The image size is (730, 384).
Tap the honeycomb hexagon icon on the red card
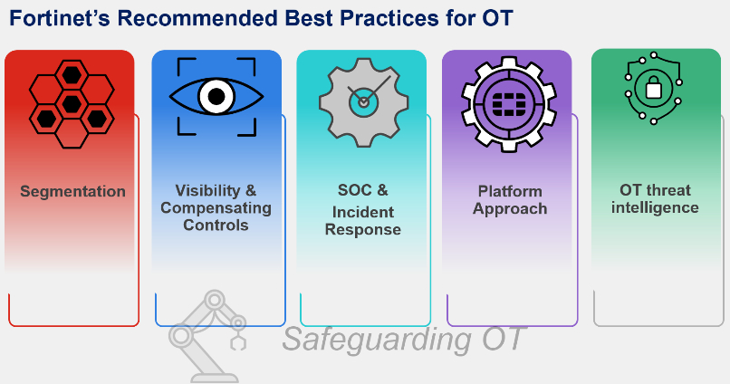coord(72,104)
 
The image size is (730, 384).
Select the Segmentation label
coord(72,191)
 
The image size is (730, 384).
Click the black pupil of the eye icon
coord(216,97)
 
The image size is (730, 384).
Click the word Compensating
coord(216,208)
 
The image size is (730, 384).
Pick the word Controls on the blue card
coord(216,226)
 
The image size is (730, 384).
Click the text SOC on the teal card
coord(355,190)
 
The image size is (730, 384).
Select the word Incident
coord(362,212)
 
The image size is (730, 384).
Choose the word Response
coord(362,229)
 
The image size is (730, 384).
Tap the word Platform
coord(510,191)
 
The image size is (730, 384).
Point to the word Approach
coord(510,209)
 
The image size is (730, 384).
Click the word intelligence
coord(655,207)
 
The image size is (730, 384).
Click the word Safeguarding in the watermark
coord(377,340)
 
